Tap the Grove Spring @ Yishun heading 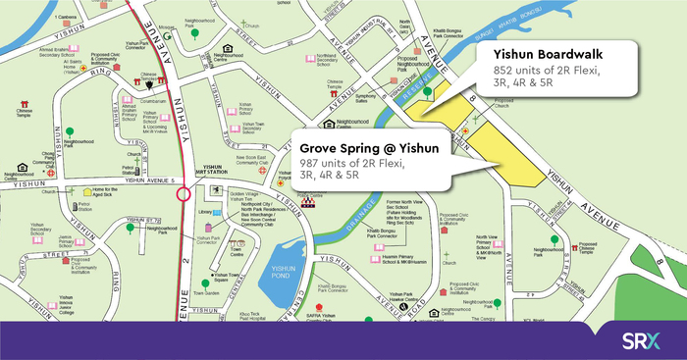[368, 146]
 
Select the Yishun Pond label [287, 276]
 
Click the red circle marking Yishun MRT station [183, 194]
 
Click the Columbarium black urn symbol [150, 86]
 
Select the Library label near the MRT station [204, 211]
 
